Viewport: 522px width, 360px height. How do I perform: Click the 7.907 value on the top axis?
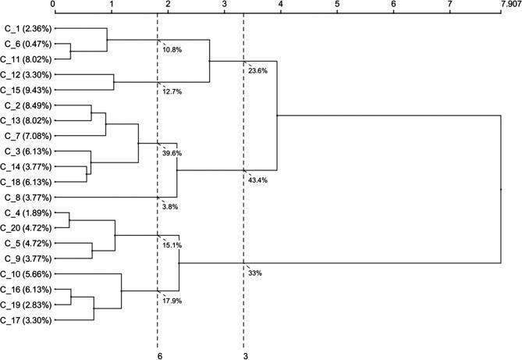point(507,5)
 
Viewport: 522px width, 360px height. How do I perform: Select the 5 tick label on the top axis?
point(337,5)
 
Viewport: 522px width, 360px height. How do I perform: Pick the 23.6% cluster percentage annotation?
point(258,70)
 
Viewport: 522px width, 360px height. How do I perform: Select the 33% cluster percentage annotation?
point(255,273)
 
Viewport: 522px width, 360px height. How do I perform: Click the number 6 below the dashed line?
point(159,355)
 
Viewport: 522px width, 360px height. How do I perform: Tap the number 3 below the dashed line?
point(245,355)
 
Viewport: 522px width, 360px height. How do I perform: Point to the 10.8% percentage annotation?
point(172,50)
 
